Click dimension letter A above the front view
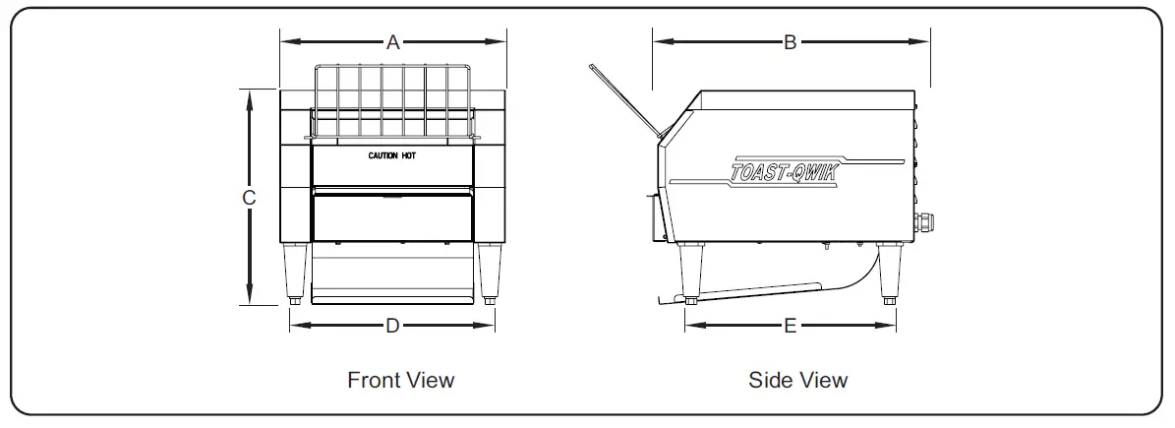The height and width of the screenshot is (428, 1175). (x=393, y=42)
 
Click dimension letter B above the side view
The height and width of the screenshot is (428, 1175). (x=790, y=42)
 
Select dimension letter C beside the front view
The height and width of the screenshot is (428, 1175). (x=250, y=197)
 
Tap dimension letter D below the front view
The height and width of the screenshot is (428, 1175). (x=392, y=326)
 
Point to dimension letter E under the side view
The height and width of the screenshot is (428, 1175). (x=790, y=326)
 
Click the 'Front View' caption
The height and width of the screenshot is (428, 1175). (x=401, y=380)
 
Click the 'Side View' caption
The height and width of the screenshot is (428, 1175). (x=797, y=380)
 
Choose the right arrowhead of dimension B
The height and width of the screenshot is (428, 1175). (x=923, y=42)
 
